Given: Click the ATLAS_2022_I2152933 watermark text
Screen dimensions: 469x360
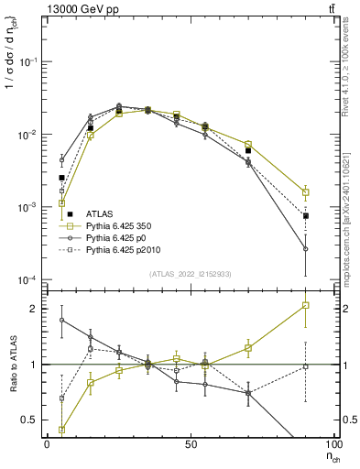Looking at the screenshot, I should click(x=191, y=274).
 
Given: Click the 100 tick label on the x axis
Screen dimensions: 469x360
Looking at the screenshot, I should click(x=334, y=443).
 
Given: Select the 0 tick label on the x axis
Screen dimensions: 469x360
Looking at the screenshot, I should click(x=47, y=443).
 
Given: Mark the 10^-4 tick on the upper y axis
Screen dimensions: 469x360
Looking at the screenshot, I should click(x=27, y=279).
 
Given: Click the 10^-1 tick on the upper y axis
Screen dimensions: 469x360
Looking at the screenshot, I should click(x=27, y=61).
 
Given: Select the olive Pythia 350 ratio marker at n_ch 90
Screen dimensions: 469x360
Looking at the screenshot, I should click(x=306, y=305).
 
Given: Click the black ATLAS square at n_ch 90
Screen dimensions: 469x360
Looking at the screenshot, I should click(x=306, y=216).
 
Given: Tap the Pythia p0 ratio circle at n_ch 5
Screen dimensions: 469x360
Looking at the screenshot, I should click(x=61, y=320).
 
